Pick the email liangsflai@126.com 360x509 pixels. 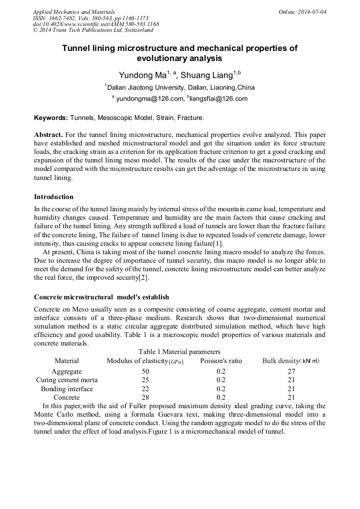(218, 99)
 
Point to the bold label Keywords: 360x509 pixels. (50, 117)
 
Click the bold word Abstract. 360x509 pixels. (48, 135)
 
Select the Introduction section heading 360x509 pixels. (54, 197)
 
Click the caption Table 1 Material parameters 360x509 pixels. (179, 352)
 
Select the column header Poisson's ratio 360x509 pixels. (221, 361)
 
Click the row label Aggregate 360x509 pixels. (66, 372)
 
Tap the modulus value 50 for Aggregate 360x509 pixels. (145, 372)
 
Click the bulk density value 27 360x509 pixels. (291, 372)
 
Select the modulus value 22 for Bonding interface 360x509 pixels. (145, 389)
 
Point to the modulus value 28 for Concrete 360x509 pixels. (145, 398)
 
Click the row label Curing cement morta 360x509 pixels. (66, 380)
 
